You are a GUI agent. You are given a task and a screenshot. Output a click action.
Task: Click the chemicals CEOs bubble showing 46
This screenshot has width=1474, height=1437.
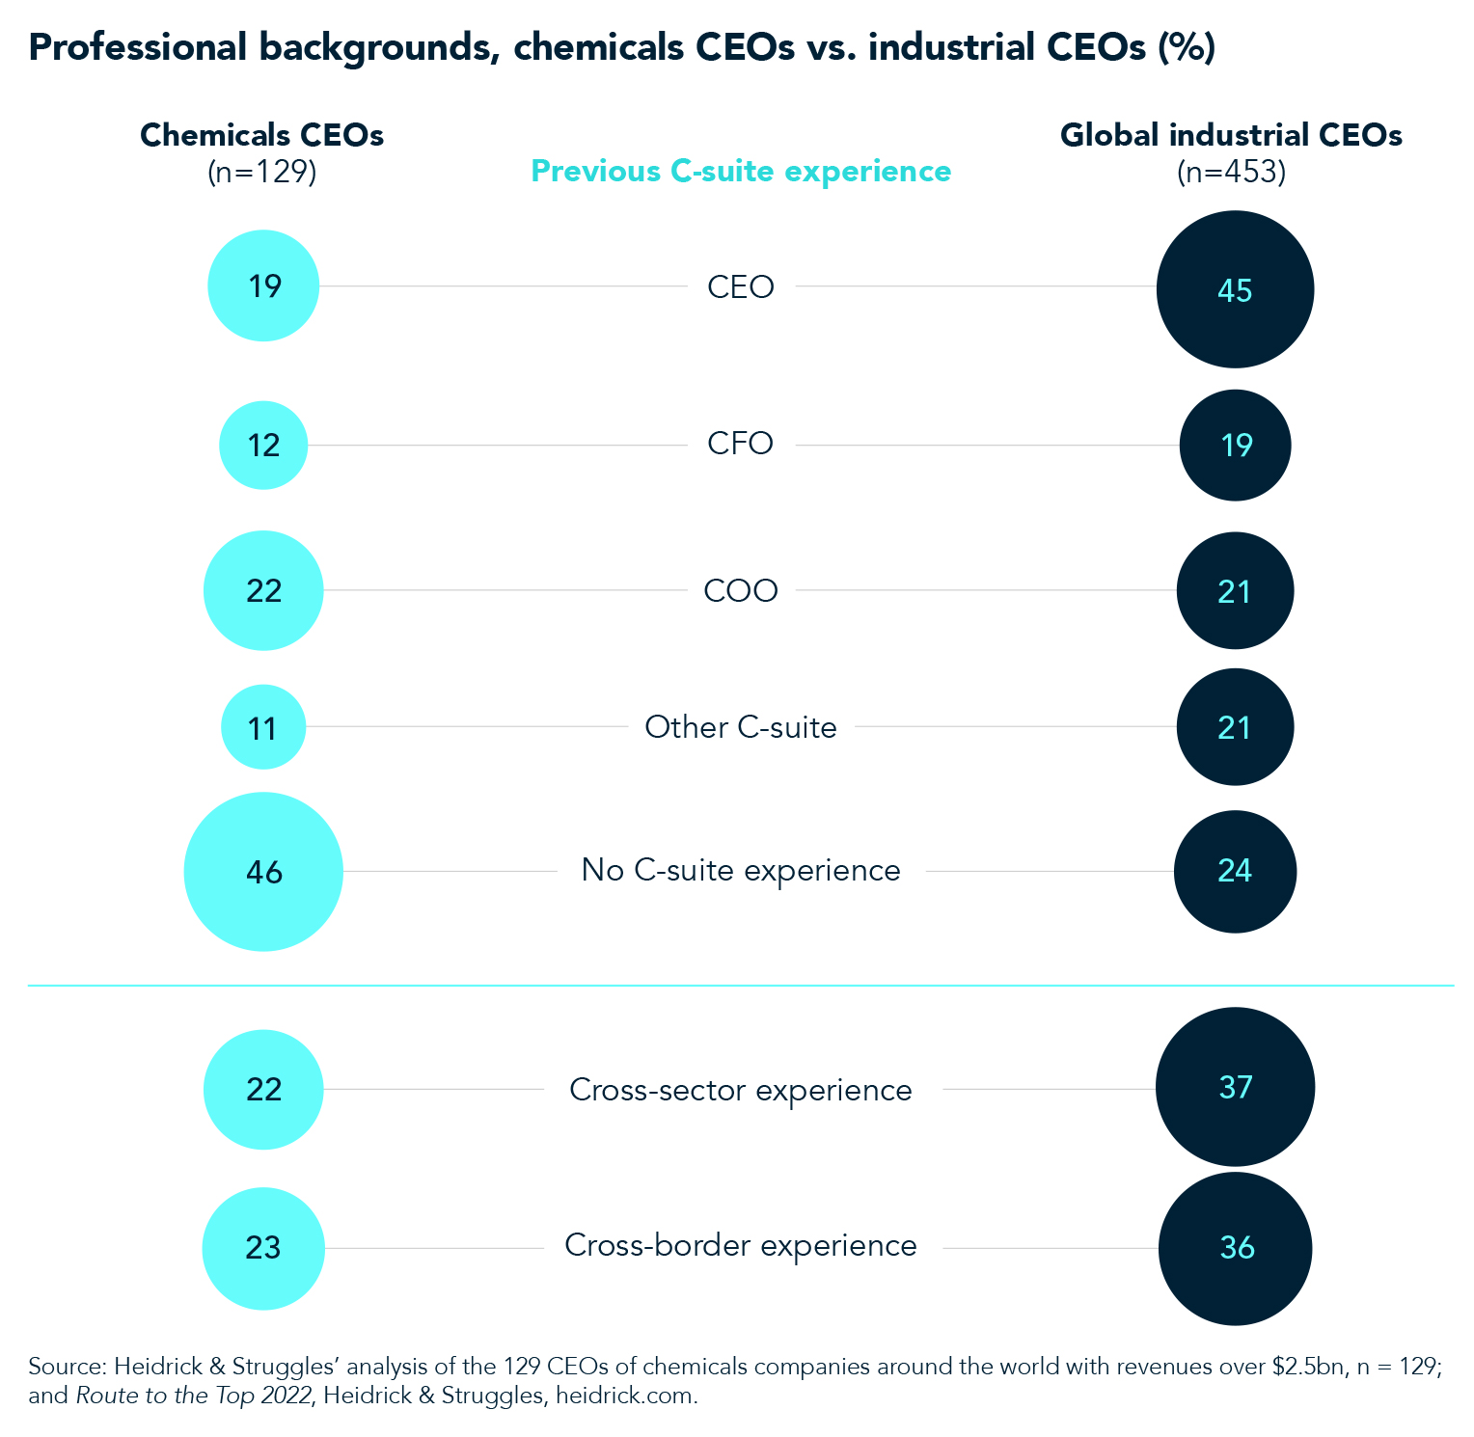tap(263, 872)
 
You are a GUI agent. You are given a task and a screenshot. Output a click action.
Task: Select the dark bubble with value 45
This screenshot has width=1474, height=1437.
tap(1235, 289)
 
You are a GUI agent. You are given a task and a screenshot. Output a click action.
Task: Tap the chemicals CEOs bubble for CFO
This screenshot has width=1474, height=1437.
tap(263, 445)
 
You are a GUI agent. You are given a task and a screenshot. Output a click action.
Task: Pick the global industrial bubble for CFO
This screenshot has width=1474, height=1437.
tap(1235, 445)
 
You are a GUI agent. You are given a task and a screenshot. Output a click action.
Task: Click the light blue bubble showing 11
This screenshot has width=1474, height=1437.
tap(263, 727)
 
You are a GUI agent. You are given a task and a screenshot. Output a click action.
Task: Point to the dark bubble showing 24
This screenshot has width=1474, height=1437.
tap(1235, 872)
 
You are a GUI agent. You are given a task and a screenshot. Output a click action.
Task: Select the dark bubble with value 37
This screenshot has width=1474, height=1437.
tap(1235, 1087)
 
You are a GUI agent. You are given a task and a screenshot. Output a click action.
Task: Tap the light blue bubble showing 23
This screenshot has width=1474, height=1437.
tap(263, 1248)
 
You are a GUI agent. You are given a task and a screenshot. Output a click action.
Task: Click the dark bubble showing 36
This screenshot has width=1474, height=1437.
tap(1235, 1248)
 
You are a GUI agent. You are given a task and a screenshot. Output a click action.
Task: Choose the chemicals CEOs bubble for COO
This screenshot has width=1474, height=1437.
tap(263, 590)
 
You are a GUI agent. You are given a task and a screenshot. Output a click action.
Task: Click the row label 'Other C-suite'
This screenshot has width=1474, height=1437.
tap(740, 727)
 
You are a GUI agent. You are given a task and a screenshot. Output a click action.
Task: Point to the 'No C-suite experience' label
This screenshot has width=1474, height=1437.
tap(740, 870)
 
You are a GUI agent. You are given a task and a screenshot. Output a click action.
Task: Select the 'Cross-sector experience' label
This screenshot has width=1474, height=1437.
tap(740, 1090)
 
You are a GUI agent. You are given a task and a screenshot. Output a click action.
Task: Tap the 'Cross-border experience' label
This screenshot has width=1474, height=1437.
tap(740, 1246)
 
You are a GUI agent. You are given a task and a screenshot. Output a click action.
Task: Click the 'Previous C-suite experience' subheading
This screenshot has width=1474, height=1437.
tap(740, 171)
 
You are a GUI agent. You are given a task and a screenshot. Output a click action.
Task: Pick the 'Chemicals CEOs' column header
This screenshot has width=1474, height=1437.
tap(261, 135)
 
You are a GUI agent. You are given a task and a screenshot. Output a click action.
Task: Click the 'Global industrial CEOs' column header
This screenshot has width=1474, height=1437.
tap(1231, 135)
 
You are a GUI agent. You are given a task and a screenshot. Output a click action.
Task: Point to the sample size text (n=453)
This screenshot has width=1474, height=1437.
tap(1231, 172)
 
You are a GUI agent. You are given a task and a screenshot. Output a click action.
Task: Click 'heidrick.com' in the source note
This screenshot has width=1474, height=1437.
tap(625, 1396)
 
